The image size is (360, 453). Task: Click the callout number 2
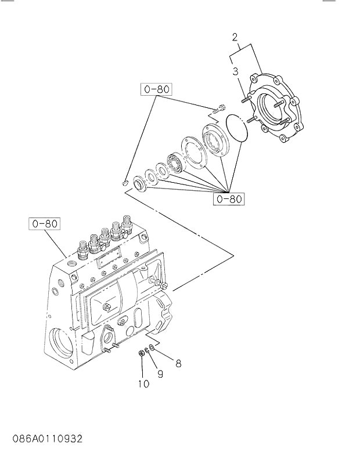tap(235, 38)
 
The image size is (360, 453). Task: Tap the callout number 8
tap(178, 364)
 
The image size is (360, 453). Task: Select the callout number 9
tap(160, 374)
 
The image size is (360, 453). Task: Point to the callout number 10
tap(143, 383)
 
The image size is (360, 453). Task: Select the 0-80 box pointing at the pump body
tap(44, 223)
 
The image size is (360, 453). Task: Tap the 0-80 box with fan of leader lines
tap(229, 199)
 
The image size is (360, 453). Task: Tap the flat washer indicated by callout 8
tap(152, 347)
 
